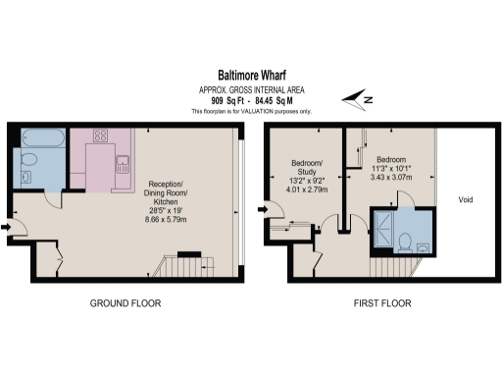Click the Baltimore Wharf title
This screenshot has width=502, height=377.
(x=250, y=74)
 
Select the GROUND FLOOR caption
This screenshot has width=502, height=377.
(x=126, y=303)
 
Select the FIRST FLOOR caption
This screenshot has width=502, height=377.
(x=381, y=303)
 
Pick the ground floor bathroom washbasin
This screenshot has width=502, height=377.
(x=26, y=178)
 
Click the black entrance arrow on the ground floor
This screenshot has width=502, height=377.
(x=8, y=228)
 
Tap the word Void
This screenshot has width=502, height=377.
(x=467, y=199)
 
